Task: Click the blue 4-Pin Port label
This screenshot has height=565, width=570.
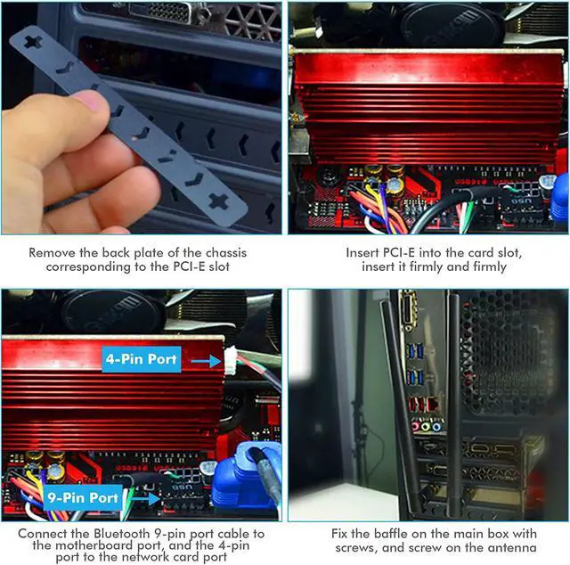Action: tap(142, 359)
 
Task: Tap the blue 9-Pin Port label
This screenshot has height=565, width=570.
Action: tap(83, 497)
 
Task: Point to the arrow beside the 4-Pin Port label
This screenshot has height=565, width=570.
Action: tap(206, 361)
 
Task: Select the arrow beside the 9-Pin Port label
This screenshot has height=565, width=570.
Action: tap(144, 498)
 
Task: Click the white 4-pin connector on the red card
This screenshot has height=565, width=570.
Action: tap(231, 360)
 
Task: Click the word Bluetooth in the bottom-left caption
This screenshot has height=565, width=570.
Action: tap(122, 534)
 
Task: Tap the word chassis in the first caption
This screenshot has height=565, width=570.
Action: tap(226, 253)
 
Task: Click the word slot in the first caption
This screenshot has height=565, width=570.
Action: tap(219, 266)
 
